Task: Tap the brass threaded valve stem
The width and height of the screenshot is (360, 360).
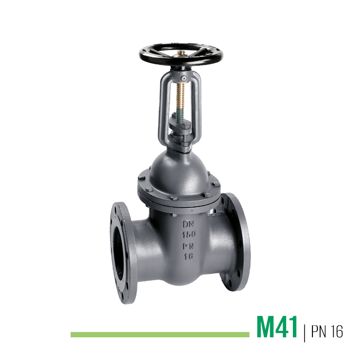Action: [x=181, y=97]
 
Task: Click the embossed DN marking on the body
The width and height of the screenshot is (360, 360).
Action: [x=189, y=224]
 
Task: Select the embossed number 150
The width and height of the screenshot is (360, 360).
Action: [x=189, y=234]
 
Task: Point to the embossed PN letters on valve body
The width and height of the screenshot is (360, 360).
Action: [x=188, y=246]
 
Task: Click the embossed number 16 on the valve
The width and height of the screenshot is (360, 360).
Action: [x=189, y=256]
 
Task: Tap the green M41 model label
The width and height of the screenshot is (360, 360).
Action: [x=277, y=327]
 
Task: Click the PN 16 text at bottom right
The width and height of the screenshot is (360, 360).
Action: [x=327, y=331]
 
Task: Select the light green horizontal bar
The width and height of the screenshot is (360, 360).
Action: [x=160, y=335]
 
